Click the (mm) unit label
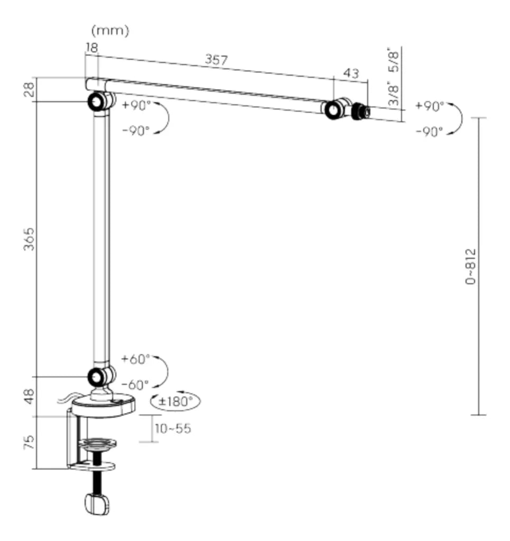[x=110, y=31]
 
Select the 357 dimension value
[x=216, y=60]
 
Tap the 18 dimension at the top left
[x=92, y=48]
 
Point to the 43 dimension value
[x=351, y=74]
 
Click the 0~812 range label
[x=470, y=266]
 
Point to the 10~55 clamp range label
[x=173, y=428]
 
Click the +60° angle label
[x=136, y=359]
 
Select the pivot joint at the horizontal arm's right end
[x=333, y=110]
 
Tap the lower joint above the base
[x=97, y=376]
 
